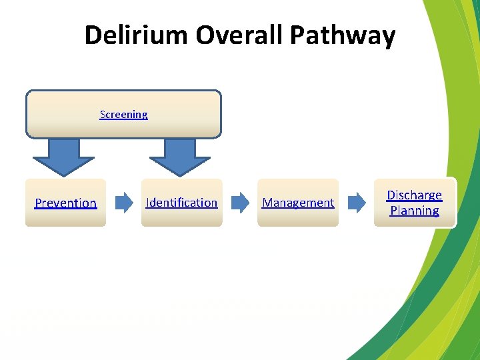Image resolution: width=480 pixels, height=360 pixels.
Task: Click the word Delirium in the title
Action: click(x=136, y=35)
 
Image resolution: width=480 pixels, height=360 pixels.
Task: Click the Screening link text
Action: click(x=123, y=115)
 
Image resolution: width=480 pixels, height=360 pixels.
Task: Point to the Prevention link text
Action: click(x=65, y=203)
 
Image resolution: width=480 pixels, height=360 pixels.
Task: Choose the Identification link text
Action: click(x=181, y=203)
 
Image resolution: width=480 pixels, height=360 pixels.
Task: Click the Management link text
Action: click(x=298, y=203)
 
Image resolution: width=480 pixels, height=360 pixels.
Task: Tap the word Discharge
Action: click(x=414, y=195)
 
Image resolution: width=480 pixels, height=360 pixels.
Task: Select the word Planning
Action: click(x=414, y=211)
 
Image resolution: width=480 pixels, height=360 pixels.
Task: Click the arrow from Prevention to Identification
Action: click(x=124, y=202)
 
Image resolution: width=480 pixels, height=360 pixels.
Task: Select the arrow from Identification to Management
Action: click(x=239, y=202)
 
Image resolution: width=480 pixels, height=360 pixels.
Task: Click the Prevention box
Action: click(x=65, y=217)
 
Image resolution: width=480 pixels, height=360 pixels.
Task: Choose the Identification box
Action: click(x=181, y=217)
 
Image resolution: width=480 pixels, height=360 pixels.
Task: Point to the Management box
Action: click(x=298, y=217)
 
